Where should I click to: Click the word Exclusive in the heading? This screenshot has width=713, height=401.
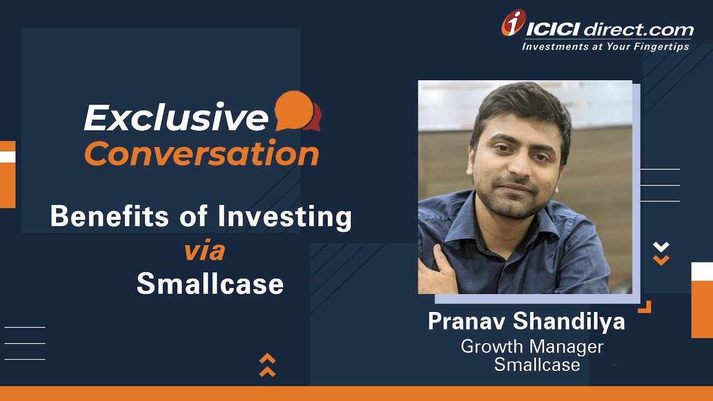[x=175, y=117]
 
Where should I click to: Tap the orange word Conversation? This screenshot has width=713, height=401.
[x=202, y=154]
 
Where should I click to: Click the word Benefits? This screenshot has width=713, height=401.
[x=109, y=216]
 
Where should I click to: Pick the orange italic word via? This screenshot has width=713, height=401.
[x=204, y=251]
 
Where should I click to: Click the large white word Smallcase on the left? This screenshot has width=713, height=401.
[x=210, y=283]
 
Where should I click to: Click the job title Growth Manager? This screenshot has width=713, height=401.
[x=532, y=347]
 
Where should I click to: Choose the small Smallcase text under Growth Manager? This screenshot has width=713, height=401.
[x=537, y=365]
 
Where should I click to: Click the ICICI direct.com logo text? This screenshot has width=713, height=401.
[x=611, y=29]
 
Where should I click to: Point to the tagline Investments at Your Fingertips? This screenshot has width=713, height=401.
[x=605, y=47]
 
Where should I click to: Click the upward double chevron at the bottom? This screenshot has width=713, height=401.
[x=267, y=365]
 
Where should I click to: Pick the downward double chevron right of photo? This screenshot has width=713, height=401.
[x=661, y=253]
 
